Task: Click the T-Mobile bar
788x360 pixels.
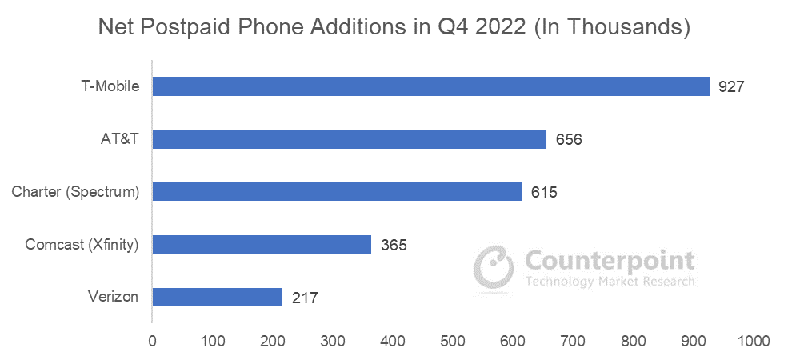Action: [430, 86]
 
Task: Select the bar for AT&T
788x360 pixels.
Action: [349, 139]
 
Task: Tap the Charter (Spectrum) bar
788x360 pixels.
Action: [337, 192]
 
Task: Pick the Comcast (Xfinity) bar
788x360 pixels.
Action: [262, 244]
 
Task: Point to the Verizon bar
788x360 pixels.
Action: [217, 297]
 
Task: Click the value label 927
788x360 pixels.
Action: [731, 86]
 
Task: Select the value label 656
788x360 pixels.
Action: [568, 139]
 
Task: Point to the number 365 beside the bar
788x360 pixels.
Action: [393, 244]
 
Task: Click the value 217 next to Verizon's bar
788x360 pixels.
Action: [304, 297]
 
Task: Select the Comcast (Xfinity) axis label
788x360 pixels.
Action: [81, 244]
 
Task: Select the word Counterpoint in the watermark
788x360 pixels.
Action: [610, 260]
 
